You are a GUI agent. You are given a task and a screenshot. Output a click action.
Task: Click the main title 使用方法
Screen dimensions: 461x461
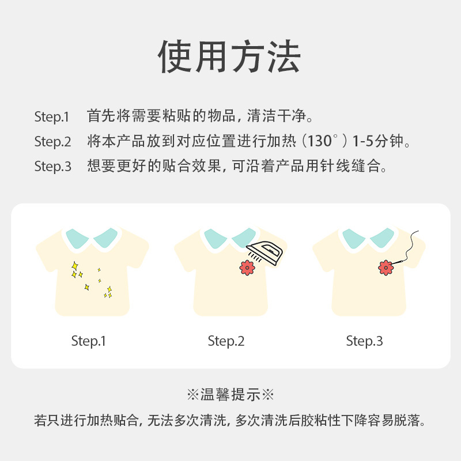coord(230,56)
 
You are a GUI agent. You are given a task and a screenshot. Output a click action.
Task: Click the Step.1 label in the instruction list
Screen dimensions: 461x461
coord(52,116)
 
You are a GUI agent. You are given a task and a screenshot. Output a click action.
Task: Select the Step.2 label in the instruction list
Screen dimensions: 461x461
coord(52,142)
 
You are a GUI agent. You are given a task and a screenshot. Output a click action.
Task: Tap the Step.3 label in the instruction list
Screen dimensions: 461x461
coord(52,167)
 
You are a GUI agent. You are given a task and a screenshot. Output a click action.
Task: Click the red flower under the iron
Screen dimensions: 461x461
coord(247,267)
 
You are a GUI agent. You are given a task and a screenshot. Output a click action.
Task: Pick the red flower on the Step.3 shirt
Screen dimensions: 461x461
coord(386,267)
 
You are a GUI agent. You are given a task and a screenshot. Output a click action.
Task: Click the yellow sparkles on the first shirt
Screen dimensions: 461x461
coord(90,278)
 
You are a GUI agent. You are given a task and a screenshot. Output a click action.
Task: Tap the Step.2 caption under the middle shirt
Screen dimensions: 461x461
coord(226,341)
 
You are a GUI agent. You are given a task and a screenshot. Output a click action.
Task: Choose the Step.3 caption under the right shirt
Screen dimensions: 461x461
coord(364,341)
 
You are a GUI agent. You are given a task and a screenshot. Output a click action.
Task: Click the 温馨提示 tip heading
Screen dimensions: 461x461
coord(230,395)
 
